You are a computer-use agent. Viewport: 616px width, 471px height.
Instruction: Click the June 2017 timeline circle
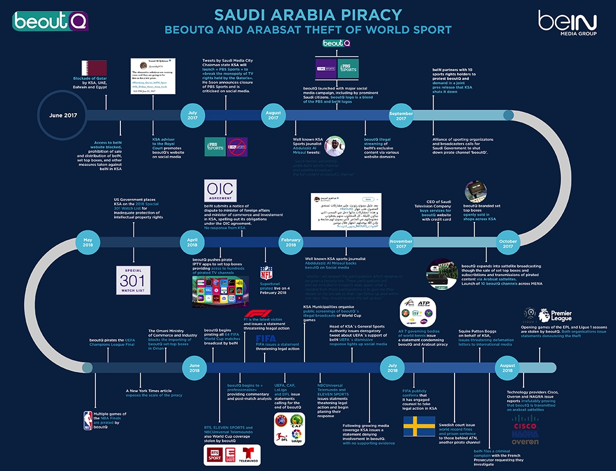point(64,115)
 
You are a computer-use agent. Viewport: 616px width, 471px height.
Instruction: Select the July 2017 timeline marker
point(193,115)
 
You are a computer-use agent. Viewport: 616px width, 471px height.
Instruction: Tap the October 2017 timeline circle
point(507,243)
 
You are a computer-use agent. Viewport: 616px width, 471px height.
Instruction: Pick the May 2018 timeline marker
point(87,243)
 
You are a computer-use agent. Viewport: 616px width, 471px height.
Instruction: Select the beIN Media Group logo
point(568,23)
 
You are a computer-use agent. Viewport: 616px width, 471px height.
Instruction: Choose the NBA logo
point(88,419)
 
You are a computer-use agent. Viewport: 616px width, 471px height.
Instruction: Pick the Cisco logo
point(525,425)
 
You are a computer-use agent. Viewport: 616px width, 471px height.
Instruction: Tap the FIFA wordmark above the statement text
point(266,339)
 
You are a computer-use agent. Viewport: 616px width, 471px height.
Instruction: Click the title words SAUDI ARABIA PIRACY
point(308,14)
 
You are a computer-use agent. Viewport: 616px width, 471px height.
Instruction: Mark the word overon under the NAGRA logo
point(525,442)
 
